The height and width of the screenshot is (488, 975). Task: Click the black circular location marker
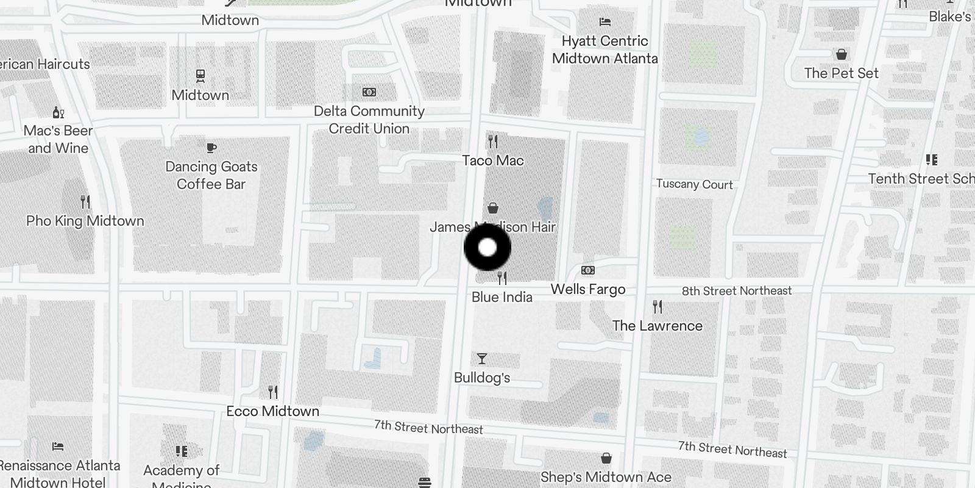point(487,248)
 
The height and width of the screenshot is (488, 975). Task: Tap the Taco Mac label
point(492,160)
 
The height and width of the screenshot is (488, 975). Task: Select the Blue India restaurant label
point(502,297)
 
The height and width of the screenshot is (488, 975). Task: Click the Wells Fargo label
point(587,289)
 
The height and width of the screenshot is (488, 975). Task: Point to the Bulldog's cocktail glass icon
point(482,359)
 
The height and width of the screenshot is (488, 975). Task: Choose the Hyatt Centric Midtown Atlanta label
point(604,49)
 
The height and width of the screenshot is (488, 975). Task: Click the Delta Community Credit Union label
point(369,120)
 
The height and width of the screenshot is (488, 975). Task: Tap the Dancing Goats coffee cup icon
point(211,148)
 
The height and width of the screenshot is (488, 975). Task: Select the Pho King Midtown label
point(85,221)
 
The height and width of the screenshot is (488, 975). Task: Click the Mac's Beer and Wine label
point(58,139)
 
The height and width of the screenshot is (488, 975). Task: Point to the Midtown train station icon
point(200,76)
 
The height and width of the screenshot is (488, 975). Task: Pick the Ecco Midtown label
point(272,411)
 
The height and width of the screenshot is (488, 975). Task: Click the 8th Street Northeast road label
point(736,291)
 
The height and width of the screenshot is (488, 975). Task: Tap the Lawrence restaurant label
point(657,326)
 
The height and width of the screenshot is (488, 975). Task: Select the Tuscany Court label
point(694,184)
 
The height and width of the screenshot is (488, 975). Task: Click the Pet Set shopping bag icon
point(842,55)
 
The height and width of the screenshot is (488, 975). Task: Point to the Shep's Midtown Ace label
point(606,477)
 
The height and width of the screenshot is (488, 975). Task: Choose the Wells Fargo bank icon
point(588,270)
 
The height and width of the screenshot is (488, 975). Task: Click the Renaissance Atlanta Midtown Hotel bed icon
point(58,447)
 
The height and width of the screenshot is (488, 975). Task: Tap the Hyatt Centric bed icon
point(604,22)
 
